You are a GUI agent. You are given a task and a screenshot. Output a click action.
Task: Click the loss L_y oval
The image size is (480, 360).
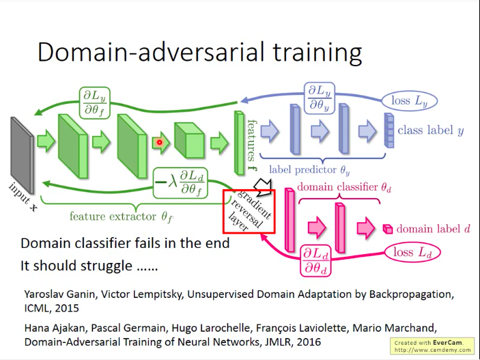[410, 101]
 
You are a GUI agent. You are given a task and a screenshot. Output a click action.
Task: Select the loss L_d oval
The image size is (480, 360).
[413, 253]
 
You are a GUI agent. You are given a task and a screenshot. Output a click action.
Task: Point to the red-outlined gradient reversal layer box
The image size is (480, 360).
[249, 211]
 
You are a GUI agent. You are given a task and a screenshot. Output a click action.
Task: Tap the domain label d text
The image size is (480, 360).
[433, 229]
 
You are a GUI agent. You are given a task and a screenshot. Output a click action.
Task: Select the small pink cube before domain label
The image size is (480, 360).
[387, 229]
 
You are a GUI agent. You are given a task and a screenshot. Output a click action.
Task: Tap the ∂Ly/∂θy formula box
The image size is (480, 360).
[316, 98]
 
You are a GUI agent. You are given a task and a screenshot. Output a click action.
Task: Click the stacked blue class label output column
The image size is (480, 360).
[389, 130]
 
